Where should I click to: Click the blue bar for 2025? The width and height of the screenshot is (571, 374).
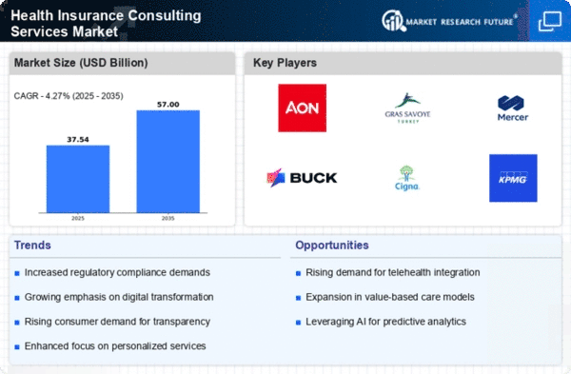(78, 179)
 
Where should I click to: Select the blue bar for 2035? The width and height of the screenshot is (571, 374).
(168, 162)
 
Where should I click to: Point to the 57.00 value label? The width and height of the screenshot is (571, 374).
(168, 105)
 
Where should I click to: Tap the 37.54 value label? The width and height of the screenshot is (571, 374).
(78, 140)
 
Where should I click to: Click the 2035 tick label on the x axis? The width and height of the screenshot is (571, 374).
(167, 218)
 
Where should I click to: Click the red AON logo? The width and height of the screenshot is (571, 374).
(303, 108)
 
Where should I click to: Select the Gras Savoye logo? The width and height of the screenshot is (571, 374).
(407, 108)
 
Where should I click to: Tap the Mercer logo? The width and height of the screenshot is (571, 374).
(513, 108)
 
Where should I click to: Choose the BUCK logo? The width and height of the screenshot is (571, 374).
(302, 178)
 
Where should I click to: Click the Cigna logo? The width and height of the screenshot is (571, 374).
(406, 178)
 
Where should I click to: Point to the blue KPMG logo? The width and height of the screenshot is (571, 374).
(513, 178)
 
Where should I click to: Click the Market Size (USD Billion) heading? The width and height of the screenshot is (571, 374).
(81, 63)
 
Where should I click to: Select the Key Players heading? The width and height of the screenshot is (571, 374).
(285, 63)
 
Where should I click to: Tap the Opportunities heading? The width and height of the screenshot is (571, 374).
(332, 246)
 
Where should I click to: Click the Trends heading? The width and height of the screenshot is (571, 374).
(32, 246)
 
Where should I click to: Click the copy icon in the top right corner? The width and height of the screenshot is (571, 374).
(550, 21)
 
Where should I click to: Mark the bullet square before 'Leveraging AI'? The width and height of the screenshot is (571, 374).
(298, 323)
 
